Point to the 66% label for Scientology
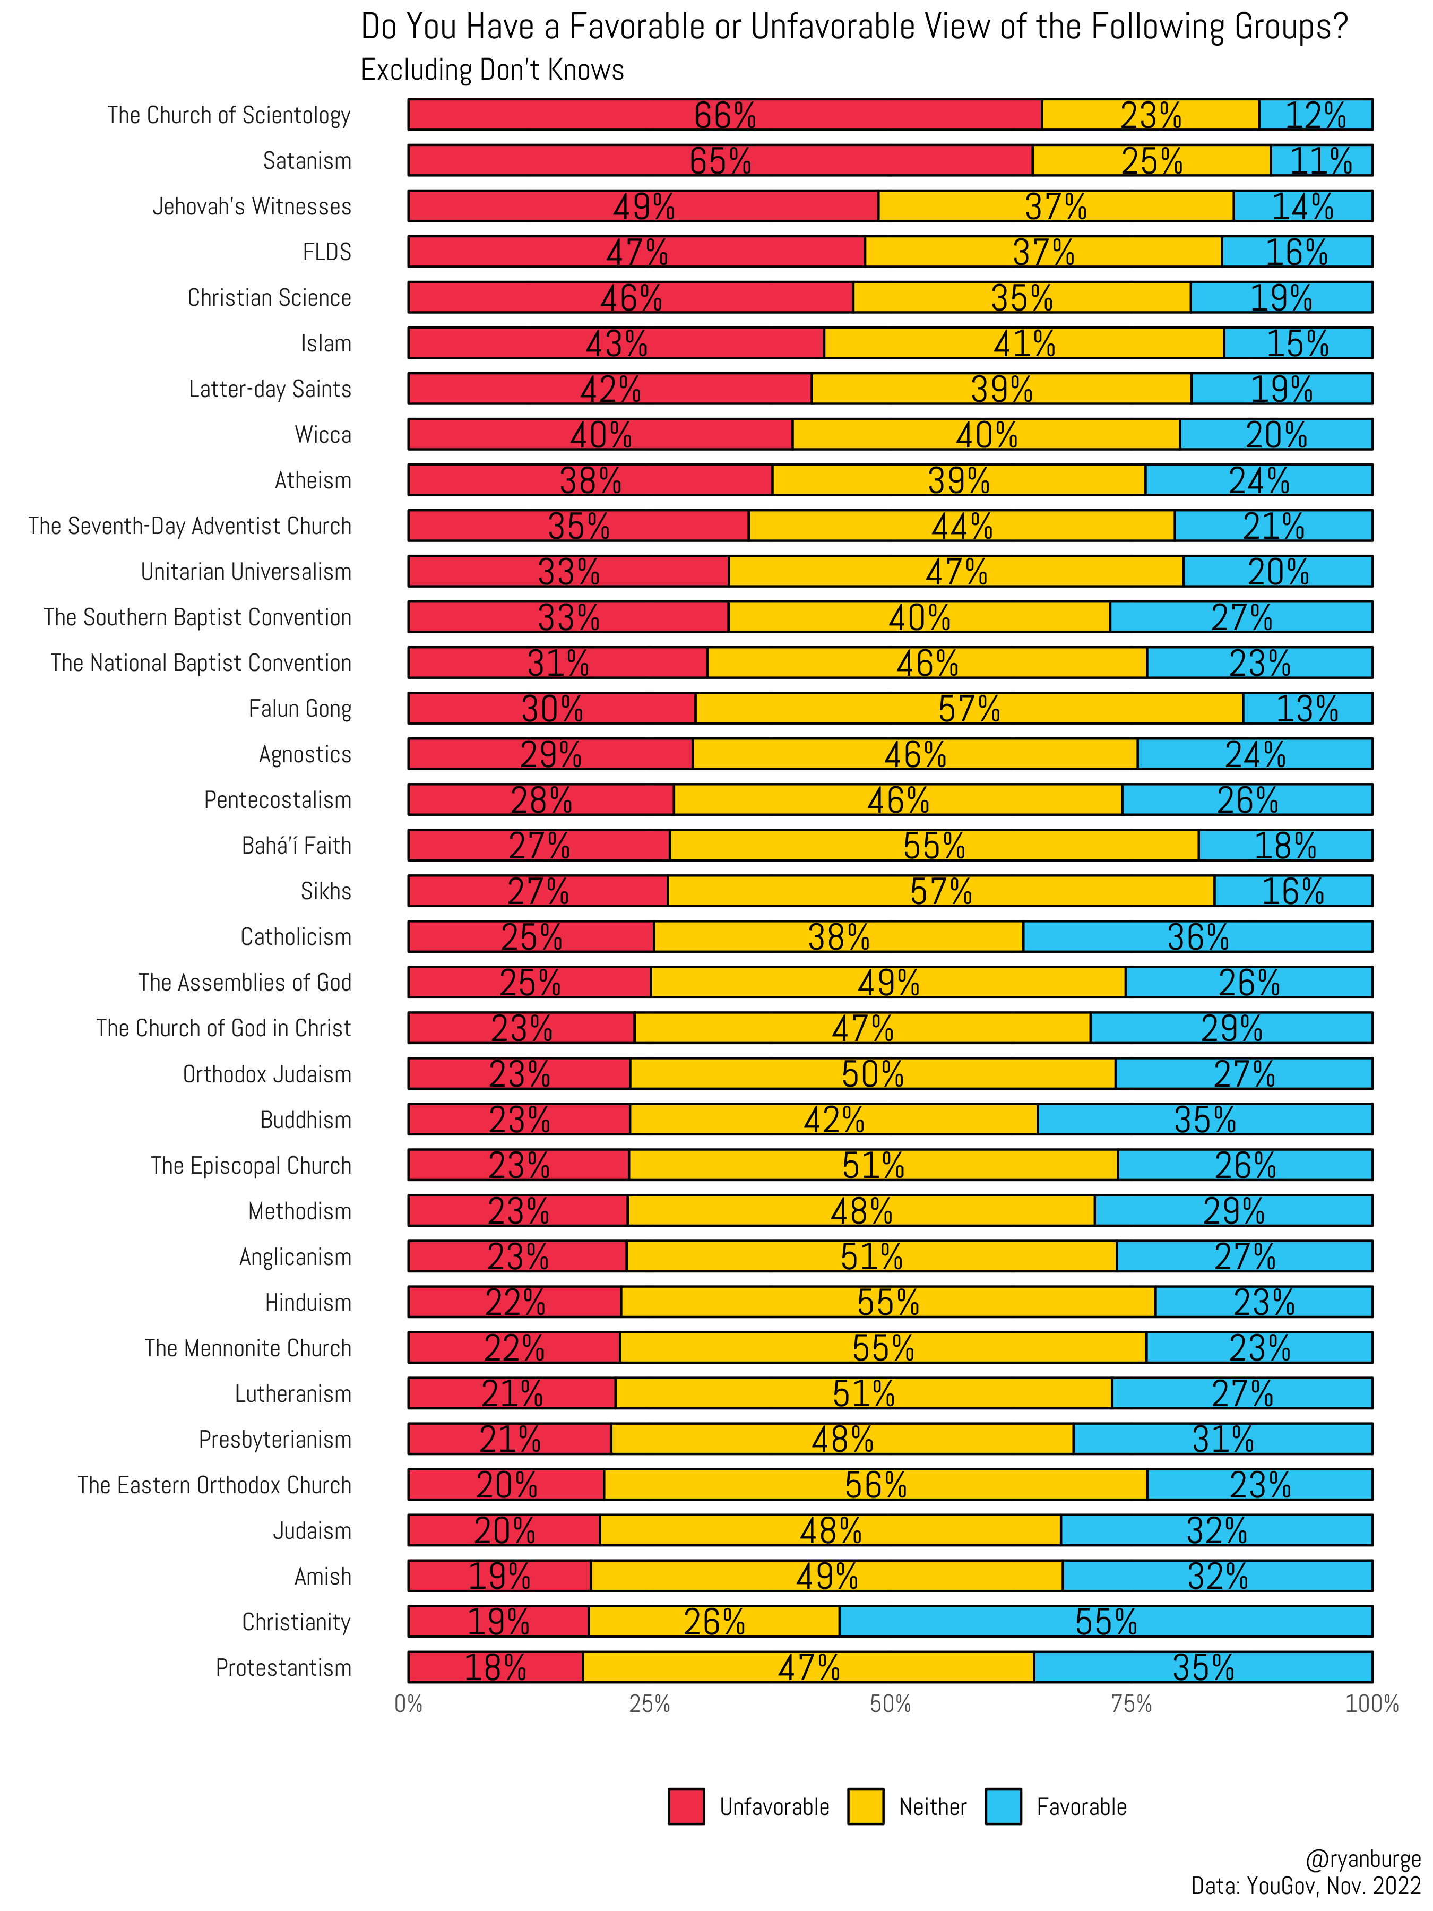tap(724, 115)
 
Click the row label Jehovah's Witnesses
tap(252, 206)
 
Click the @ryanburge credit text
tap(1363, 1859)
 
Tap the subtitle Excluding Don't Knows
tap(493, 70)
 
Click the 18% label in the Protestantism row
tap(495, 1667)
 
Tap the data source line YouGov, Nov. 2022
tap(1305, 1886)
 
